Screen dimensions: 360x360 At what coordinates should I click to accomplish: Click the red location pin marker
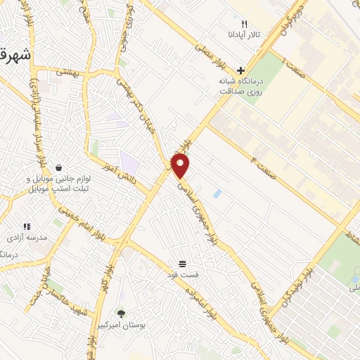pyautogui.click(x=181, y=166)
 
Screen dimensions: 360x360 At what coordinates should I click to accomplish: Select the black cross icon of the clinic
pyautogui.click(x=240, y=70)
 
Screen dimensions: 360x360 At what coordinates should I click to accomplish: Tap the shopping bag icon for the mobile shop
pyautogui.click(x=57, y=168)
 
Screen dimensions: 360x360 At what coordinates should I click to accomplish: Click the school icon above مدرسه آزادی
pyautogui.click(x=26, y=226)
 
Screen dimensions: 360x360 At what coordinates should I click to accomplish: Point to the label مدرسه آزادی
pyautogui.click(x=27, y=238)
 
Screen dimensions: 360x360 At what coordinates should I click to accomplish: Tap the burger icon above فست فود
pyautogui.click(x=183, y=263)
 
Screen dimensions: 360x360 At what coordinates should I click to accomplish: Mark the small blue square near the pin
pyautogui.click(x=217, y=193)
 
